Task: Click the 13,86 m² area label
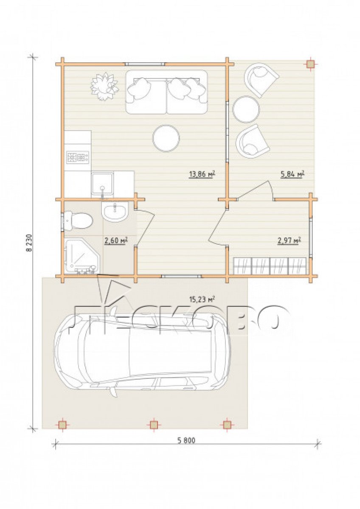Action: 202,174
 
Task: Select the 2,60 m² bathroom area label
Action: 115,240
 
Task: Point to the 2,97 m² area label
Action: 289,240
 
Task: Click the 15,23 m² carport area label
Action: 202,299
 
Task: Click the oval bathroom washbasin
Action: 115,212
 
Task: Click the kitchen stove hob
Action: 78,157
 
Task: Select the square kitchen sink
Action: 102,185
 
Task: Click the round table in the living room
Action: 166,138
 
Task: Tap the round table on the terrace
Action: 246,109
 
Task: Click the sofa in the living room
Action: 167,92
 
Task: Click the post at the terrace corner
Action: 310,64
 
